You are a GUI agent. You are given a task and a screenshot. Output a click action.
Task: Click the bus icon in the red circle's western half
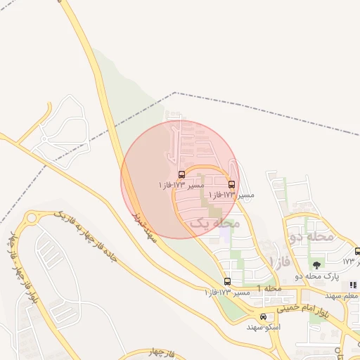(181, 174)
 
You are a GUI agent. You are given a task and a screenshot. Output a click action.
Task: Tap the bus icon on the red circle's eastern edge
(232, 185)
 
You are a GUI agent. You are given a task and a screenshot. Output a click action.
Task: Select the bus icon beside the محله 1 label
(226, 281)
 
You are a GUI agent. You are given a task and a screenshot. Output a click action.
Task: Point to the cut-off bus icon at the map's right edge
(357, 252)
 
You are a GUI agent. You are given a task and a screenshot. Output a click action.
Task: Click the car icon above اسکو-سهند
(263, 316)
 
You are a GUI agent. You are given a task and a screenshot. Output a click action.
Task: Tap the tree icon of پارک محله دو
(316, 266)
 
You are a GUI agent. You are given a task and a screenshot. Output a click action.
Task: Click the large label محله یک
(215, 223)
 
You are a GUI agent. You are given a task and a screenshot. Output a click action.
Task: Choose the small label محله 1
(269, 289)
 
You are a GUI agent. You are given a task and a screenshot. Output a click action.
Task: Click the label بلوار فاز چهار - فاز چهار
(21, 274)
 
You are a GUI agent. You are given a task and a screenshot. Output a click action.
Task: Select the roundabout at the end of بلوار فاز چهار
(31, 219)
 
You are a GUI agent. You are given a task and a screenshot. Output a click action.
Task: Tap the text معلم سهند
(344, 295)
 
